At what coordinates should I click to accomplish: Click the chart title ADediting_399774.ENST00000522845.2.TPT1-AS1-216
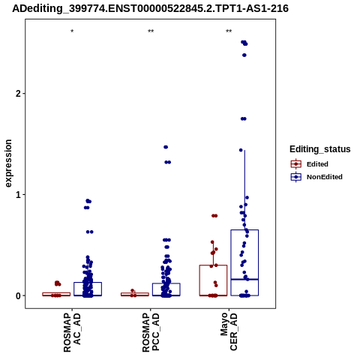[150, 9]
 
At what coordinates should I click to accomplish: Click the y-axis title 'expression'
[8, 163]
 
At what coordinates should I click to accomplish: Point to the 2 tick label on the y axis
[18, 94]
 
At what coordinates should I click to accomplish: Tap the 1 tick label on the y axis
[18, 194]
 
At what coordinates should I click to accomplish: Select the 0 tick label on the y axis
[18, 295]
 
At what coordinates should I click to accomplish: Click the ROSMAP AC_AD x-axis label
[72, 332]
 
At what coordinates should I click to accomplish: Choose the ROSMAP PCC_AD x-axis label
[151, 332]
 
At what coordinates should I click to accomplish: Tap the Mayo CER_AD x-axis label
[229, 331]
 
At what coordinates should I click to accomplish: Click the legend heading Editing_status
[320, 149]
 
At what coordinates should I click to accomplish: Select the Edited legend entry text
[317, 164]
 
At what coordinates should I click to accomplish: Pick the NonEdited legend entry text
[325, 177]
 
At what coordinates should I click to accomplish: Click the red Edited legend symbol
[296, 164]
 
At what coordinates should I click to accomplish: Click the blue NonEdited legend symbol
[296, 177]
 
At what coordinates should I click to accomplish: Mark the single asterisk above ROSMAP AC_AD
[72, 31]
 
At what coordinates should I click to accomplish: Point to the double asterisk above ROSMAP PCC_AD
[151, 31]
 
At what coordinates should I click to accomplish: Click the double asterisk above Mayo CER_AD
[229, 31]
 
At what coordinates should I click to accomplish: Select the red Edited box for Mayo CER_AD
[213, 265]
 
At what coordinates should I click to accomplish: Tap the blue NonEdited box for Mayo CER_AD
[244, 229]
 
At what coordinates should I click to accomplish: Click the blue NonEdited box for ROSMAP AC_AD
[88, 283]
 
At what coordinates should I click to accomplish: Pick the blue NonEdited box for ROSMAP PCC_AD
[166, 283]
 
